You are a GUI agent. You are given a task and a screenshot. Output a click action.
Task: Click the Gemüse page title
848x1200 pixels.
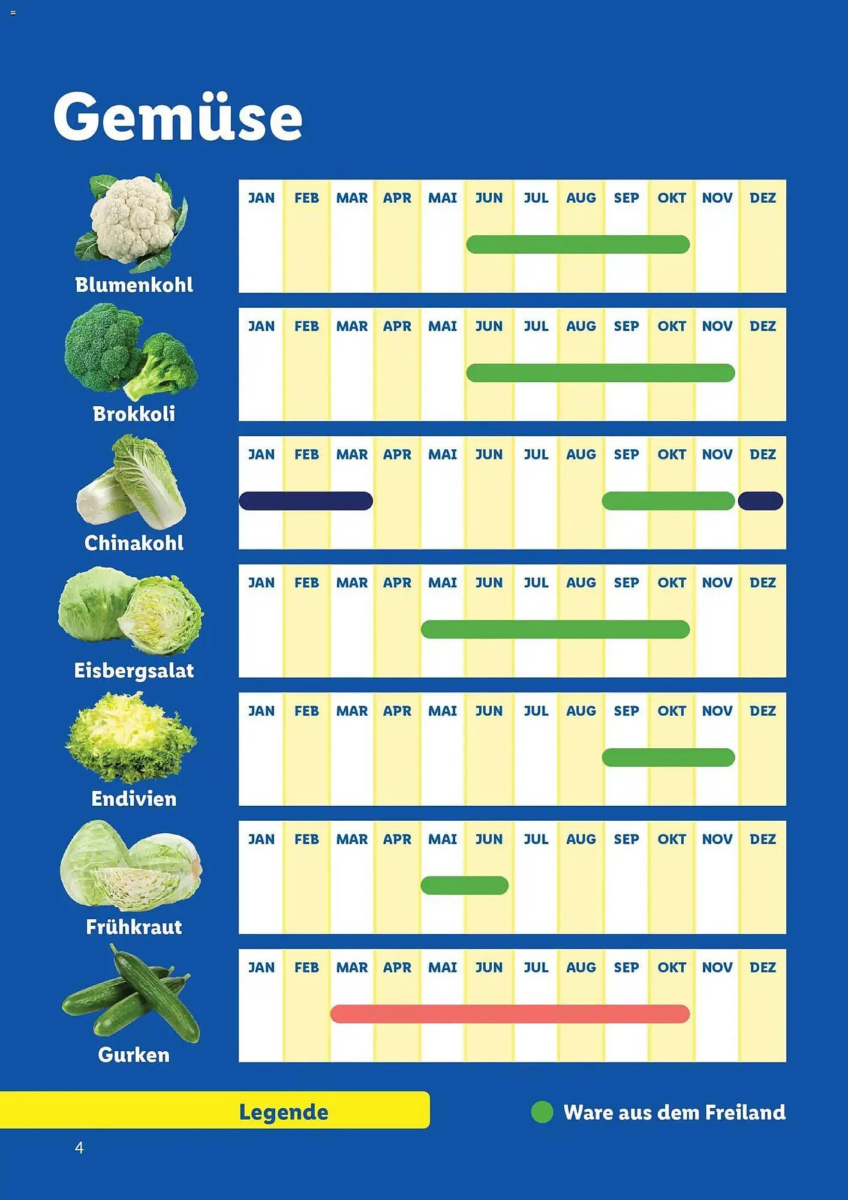click(178, 118)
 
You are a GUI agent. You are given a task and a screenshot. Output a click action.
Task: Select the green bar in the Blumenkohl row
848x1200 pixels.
click(578, 245)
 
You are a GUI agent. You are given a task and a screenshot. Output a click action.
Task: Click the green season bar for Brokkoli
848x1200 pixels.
click(600, 373)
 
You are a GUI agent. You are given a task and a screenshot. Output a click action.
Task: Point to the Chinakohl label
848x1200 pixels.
click(134, 543)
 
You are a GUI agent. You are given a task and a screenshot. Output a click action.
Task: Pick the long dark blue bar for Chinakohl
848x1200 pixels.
click(306, 501)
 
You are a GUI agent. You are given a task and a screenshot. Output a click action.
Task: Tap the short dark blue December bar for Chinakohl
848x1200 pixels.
click(760, 501)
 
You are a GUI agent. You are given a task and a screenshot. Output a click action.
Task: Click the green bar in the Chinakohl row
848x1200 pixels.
click(668, 501)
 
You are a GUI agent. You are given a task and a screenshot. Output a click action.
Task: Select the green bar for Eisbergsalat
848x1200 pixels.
click(555, 629)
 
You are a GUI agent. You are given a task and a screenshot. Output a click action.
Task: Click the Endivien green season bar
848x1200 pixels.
click(668, 758)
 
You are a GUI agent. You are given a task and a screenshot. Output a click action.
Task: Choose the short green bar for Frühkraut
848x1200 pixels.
click(464, 886)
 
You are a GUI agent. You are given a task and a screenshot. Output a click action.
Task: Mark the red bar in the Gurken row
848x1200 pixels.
click(510, 1014)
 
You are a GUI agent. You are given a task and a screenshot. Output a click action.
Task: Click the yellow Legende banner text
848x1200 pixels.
click(284, 1112)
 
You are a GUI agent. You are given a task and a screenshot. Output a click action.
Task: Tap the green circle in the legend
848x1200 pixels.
click(542, 1112)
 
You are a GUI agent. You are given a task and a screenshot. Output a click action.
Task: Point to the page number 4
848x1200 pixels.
click(79, 1148)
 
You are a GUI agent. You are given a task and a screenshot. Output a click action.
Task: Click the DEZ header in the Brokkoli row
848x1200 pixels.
click(763, 326)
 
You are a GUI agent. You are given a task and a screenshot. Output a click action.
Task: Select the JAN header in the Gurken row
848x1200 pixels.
click(261, 967)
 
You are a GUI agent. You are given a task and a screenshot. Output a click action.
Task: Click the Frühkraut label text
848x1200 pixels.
click(134, 927)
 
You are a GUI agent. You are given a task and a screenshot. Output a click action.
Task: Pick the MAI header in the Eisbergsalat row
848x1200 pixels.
click(443, 583)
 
